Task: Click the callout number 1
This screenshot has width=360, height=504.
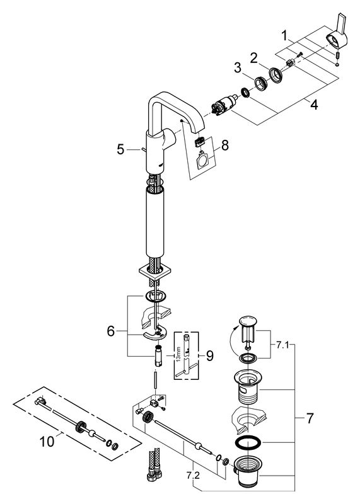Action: coord(284,36)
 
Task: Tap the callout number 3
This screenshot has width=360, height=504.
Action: coord(238,68)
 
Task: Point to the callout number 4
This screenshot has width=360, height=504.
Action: coord(314,104)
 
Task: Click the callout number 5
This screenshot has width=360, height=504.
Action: coord(120,149)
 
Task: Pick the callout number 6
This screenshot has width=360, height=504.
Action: coord(111,331)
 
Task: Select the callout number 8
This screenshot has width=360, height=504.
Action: coord(224,145)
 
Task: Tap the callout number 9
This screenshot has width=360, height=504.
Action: coord(209,355)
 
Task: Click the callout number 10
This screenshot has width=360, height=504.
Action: coord(47,442)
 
